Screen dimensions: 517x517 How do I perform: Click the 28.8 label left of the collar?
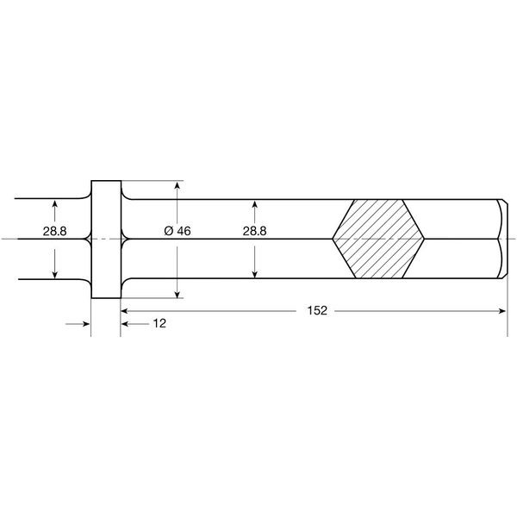pos(54,232)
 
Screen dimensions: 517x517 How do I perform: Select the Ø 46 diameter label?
pos(177,232)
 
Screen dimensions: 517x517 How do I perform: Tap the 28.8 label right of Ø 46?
pos(255,232)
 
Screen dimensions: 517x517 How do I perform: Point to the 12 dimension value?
pos(159,324)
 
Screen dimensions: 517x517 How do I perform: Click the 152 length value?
pos(317,310)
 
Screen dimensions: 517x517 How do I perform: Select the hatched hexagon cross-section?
pos(379,239)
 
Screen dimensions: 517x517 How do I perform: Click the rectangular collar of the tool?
pos(105,239)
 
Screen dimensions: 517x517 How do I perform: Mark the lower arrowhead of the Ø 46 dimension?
pos(177,293)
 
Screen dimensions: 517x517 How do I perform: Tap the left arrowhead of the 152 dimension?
pos(125,310)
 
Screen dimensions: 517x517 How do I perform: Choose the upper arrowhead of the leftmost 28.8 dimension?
pos(54,203)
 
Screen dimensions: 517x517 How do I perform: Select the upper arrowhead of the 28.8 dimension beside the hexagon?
pos(255,203)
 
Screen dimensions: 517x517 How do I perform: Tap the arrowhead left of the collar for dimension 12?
pos(86,324)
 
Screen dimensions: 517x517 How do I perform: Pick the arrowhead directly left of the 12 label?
pos(126,324)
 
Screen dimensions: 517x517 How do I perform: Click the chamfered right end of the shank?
pos(503,239)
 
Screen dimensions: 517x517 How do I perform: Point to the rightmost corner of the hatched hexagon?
pos(426,239)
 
